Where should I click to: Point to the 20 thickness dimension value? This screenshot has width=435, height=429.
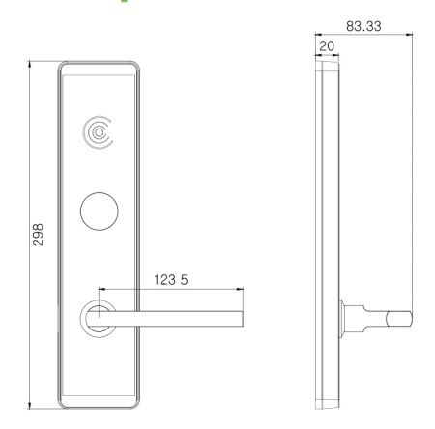(x=327, y=46)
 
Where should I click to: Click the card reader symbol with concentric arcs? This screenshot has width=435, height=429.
(x=98, y=130)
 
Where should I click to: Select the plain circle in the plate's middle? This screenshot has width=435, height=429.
(x=98, y=212)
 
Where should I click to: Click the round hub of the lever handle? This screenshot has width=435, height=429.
(x=98, y=318)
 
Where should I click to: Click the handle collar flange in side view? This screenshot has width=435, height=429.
(x=344, y=317)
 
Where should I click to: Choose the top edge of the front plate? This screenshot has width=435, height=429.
(x=98, y=65)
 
